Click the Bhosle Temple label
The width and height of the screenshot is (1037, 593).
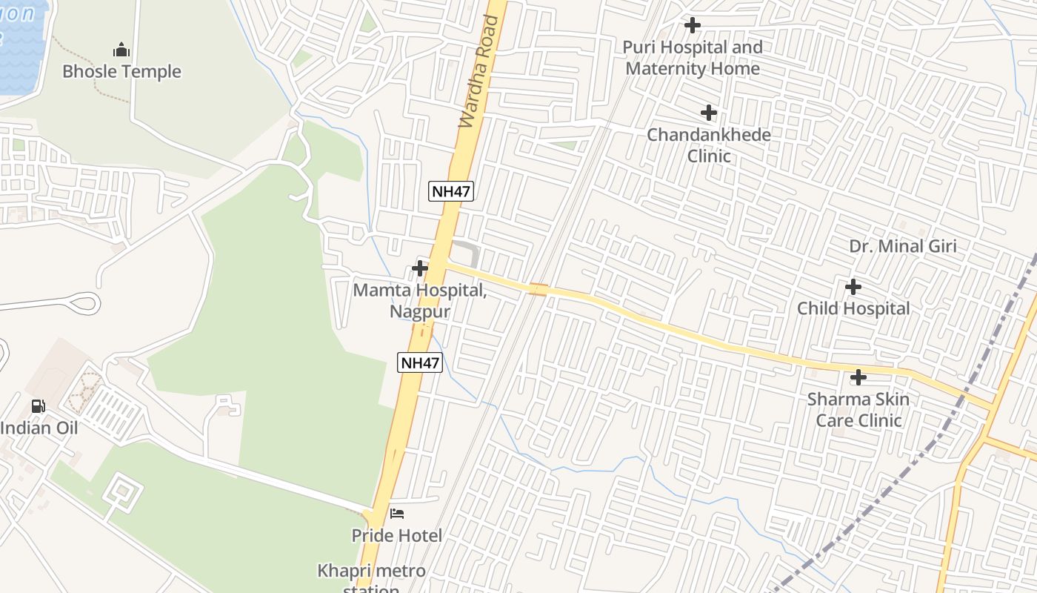point(121,72)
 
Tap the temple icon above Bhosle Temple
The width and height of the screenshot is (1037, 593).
point(121,50)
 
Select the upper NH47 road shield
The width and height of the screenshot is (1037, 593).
point(451,191)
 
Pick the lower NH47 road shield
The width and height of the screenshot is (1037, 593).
point(420,363)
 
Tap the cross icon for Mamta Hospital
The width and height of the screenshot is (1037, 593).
point(420,268)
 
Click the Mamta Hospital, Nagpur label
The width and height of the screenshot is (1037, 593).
point(420,300)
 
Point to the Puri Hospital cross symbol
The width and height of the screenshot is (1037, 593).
point(693,25)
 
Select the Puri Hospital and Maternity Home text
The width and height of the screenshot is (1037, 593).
point(693,58)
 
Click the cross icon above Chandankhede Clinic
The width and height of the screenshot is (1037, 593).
point(709,113)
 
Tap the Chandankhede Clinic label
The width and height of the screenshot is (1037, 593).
point(709,145)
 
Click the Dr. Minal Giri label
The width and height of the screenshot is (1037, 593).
point(903,246)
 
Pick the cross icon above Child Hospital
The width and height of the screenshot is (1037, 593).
point(853,286)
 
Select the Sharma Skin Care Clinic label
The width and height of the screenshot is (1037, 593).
point(858,410)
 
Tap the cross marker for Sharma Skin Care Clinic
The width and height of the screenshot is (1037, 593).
point(858,377)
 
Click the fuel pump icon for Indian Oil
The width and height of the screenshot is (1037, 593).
point(38,406)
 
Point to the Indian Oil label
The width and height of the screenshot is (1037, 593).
point(39,428)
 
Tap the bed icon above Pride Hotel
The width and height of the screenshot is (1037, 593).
point(397,514)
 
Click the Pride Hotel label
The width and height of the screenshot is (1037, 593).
point(397,535)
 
